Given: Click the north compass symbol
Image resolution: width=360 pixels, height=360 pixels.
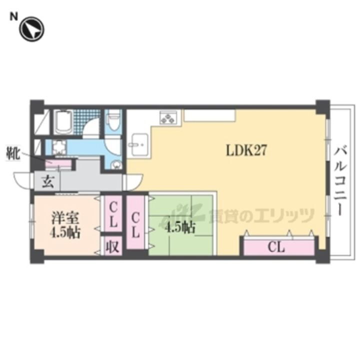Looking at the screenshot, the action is click(31, 29).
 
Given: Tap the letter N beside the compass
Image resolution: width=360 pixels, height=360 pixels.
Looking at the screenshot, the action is click(13, 17).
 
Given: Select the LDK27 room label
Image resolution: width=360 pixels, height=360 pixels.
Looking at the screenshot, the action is click(246, 150).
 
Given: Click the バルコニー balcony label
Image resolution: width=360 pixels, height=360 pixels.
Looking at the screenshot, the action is click(339, 181).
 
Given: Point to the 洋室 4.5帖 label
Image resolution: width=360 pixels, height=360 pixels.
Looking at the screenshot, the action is click(65, 225).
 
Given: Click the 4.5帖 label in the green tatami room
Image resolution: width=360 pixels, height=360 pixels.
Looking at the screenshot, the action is click(180, 228).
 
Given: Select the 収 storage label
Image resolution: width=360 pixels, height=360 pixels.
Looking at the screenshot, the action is click(112, 247).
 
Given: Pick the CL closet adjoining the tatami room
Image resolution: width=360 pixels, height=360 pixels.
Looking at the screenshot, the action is click(135, 222).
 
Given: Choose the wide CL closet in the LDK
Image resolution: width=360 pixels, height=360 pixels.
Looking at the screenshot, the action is click(278, 247).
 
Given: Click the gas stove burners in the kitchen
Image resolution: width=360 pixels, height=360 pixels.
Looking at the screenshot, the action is click(168, 118).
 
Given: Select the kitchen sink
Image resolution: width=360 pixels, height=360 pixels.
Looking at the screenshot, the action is click(139, 144).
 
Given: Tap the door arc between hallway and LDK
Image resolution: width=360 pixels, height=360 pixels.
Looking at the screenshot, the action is click(133, 182).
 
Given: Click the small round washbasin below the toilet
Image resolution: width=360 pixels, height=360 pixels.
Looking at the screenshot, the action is click(116, 164).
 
